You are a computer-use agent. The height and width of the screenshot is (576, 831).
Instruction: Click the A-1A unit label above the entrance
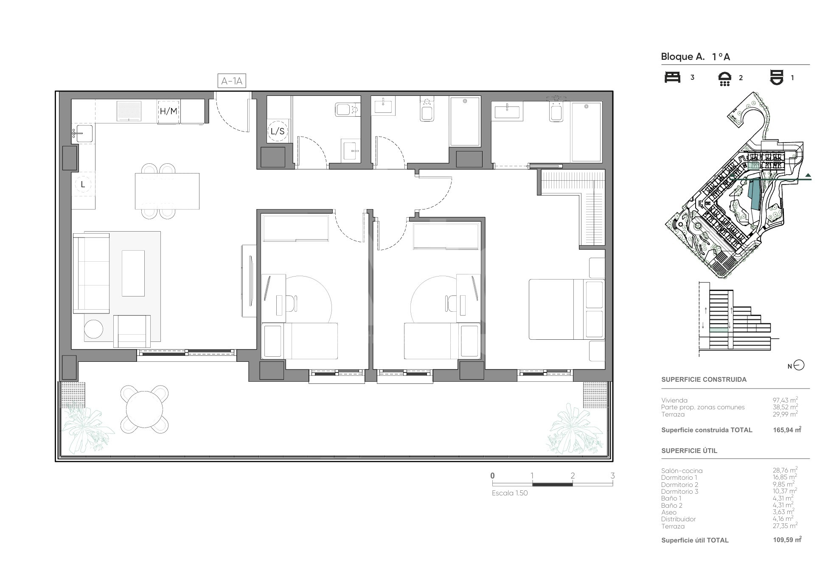(x=232, y=81)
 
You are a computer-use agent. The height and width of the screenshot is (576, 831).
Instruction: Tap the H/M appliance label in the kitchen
(x=168, y=112)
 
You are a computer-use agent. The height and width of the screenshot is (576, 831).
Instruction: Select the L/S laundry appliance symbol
(x=278, y=131)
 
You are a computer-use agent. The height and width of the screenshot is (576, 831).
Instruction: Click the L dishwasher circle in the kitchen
(x=83, y=185)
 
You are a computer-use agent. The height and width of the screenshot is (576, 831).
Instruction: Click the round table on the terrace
(x=144, y=409)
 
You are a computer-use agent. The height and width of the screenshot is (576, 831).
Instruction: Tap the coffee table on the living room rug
(x=133, y=273)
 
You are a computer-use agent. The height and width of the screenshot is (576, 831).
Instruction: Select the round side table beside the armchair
(x=93, y=329)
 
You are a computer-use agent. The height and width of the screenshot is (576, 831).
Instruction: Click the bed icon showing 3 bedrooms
(x=672, y=78)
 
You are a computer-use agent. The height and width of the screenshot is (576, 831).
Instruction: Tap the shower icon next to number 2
(x=724, y=79)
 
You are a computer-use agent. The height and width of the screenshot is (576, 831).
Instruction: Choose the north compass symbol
(x=799, y=365)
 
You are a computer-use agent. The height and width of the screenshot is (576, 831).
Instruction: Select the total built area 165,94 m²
(x=787, y=430)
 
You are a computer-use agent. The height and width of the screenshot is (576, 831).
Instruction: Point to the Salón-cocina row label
(x=682, y=471)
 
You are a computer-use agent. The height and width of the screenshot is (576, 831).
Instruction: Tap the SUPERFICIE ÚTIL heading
(x=689, y=450)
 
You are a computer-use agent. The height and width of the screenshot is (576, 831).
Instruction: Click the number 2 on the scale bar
(x=573, y=475)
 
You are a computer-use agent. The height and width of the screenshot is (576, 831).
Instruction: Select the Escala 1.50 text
(x=510, y=493)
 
